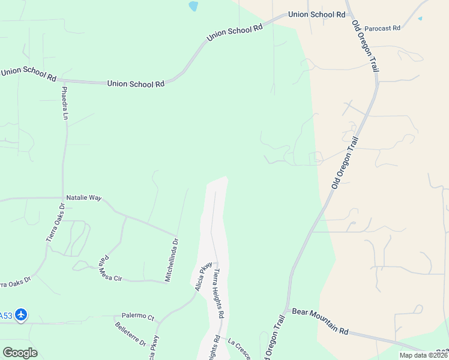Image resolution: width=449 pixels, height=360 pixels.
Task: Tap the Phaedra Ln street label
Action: point(65,103)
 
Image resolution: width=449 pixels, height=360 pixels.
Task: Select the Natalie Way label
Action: point(83,197)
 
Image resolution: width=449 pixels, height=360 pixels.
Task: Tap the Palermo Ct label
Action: point(138,316)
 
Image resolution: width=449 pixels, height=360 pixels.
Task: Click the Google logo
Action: point(20,353)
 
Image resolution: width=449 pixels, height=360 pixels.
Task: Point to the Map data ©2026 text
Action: point(423,355)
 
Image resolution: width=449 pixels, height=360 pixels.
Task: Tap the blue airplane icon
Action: point(22,315)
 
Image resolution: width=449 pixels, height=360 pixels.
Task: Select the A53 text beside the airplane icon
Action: point(5,316)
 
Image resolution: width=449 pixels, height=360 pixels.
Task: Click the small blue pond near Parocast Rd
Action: point(420,18)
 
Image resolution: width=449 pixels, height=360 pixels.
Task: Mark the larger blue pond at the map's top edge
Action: point(193,7)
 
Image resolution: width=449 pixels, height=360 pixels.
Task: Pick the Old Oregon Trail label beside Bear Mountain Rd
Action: point(274,336)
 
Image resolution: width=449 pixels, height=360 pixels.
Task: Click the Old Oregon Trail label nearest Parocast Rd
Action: point(366,47)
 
